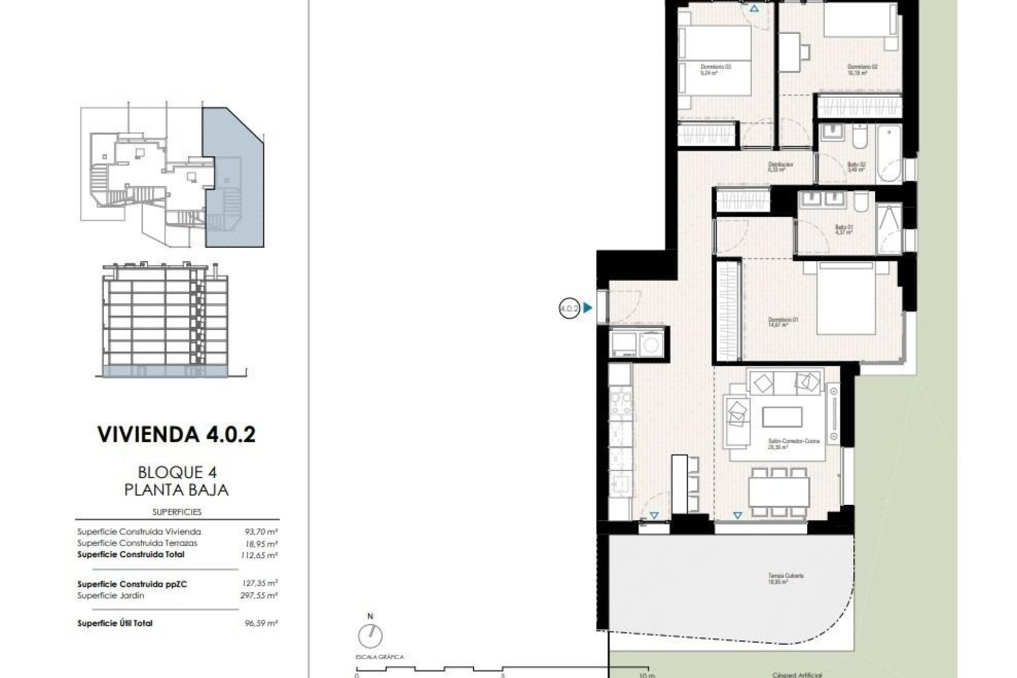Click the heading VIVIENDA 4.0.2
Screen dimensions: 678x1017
[x=176, y=434]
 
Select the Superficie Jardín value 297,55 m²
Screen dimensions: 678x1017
[x=259, y=595]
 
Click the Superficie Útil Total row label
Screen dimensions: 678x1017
[x=115, y=623]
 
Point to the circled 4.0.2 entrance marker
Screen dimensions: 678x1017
[x=569, y=308]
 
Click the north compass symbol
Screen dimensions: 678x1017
[x=370, y=635]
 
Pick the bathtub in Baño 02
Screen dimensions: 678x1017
[x=888, y=153]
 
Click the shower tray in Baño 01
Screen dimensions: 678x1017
[x=889, y=229]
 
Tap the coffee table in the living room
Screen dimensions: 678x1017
[x=782, y=417]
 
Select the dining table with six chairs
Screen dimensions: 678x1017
[x=779, y=492]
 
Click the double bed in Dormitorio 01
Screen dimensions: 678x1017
[x=845, y=299]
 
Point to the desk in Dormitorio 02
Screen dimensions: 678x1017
[x=789, y=52]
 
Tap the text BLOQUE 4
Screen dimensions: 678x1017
[x=177, y=472]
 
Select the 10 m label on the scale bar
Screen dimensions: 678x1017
[x=647, y=675]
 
